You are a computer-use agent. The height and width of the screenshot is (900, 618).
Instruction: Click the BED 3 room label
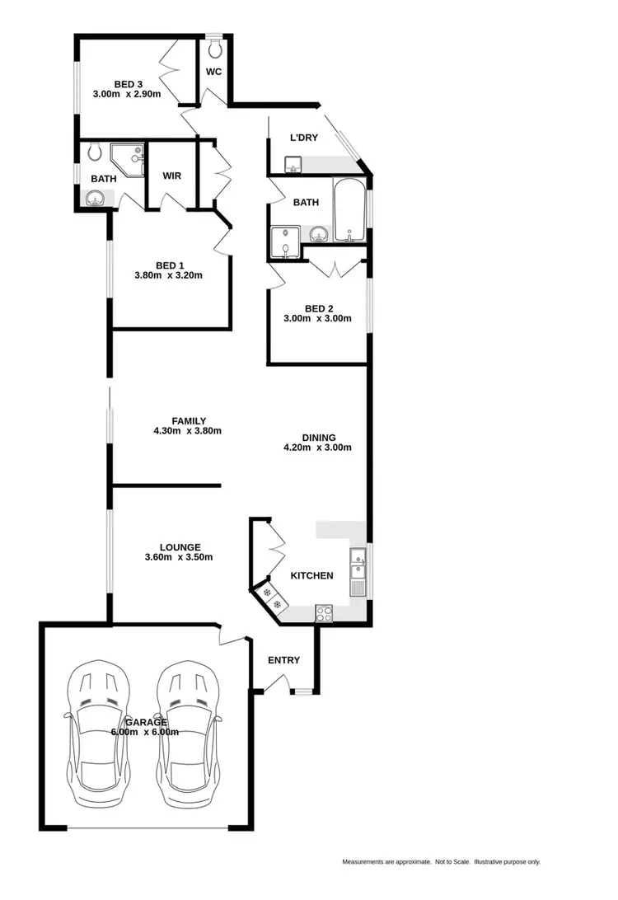pos(124,82)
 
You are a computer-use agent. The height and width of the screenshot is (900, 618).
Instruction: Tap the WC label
pos(213,72)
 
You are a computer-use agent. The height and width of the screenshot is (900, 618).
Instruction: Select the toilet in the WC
pos(215,49)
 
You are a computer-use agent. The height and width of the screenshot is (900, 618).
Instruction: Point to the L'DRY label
pos(303,138)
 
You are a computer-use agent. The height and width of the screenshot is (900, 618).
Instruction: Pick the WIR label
pos(172,176)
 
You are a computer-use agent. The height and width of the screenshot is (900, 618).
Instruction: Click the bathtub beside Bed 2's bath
pos(349,212)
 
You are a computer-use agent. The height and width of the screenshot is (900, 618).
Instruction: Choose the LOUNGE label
pos(179,546)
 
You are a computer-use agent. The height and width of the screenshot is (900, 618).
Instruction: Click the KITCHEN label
pos(311,575)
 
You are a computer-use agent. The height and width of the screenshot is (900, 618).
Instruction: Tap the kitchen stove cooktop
pos(323,612)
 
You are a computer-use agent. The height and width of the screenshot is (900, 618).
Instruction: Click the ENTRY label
pos(284,660)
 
